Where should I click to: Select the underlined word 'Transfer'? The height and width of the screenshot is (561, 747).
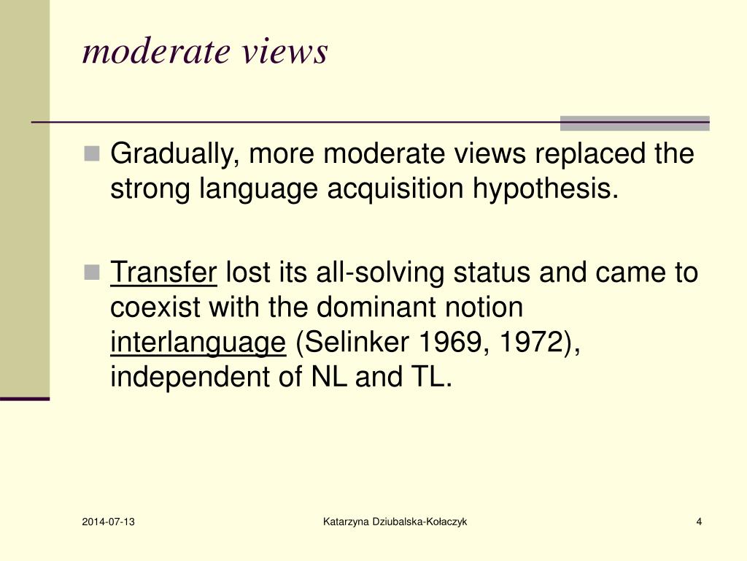[163, 273]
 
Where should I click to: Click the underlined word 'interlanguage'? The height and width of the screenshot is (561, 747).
[198, 343]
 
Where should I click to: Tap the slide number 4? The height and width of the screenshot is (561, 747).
[699, 522]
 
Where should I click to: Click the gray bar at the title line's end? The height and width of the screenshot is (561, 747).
[634, 123]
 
